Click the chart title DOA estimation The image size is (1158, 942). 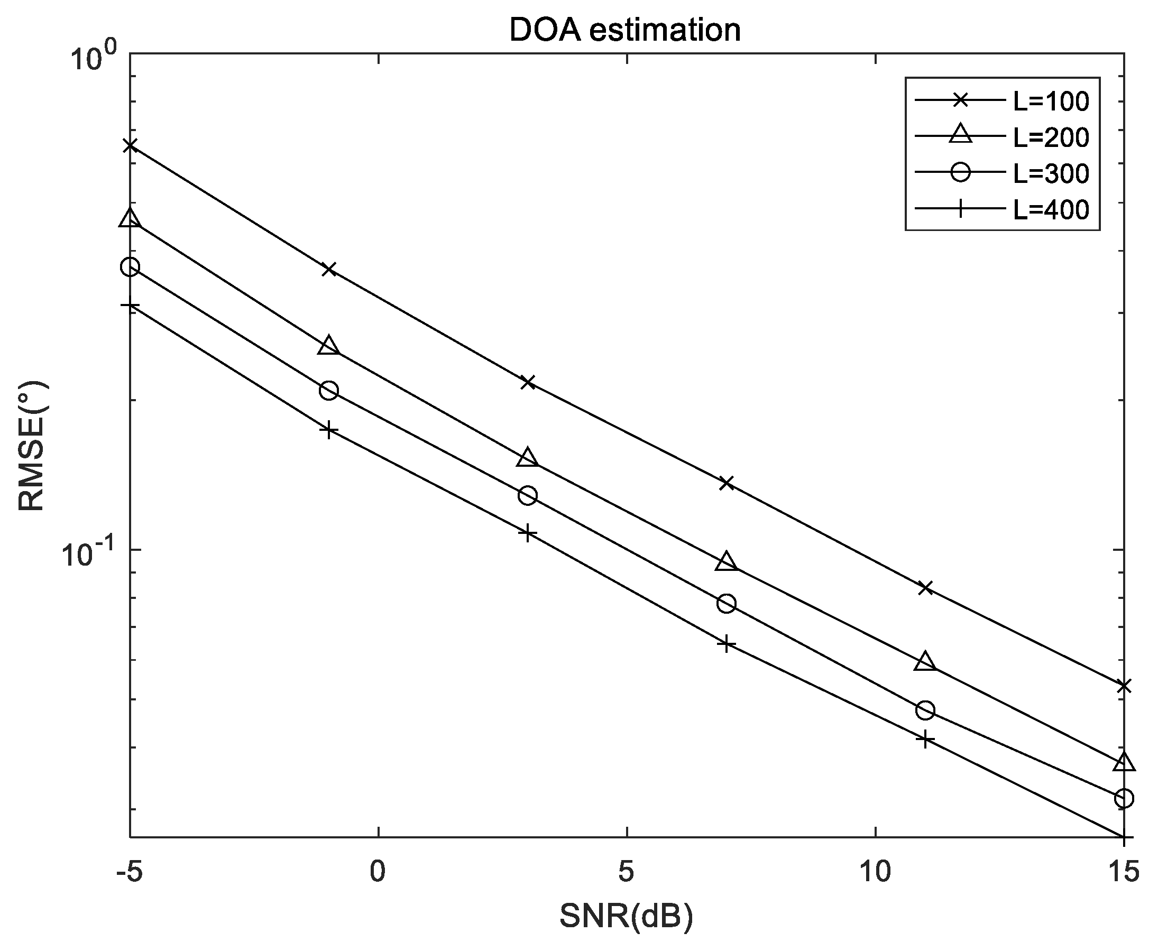[x=624, y=30]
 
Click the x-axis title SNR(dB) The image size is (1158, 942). [x=626, y=917]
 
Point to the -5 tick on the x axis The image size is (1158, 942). [x=129, y=872]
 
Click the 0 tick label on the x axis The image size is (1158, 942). [x=378, y=872]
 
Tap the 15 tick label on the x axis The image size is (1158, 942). [x=1123, y=872]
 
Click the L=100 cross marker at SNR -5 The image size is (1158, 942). [x=130, y=145]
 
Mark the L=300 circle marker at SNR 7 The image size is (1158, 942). [x=727, y=603]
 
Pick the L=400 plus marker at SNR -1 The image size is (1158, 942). [x=329, y=430]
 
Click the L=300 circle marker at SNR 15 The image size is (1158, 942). [x=1124, y=798]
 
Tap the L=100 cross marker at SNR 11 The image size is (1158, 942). [x=925, y=588]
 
